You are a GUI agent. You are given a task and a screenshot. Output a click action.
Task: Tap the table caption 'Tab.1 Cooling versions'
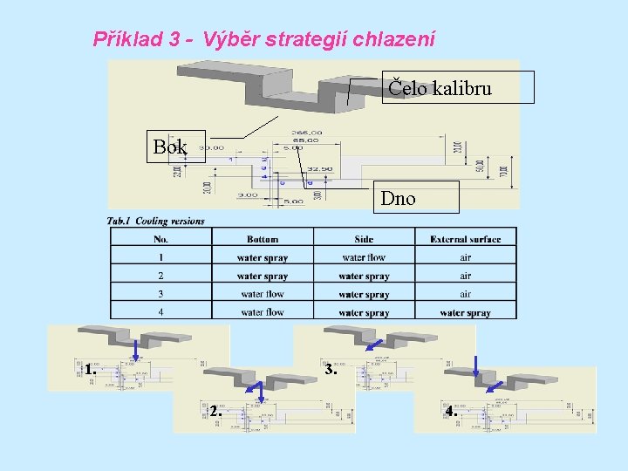point(155,221)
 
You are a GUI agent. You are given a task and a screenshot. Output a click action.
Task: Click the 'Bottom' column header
point(262,239)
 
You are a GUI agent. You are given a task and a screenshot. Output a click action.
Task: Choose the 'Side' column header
point(364,239)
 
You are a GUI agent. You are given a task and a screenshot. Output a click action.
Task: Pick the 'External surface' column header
point(465,239)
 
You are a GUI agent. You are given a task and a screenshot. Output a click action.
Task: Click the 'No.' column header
point(160,239)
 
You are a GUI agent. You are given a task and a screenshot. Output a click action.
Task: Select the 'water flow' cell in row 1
point(364,257)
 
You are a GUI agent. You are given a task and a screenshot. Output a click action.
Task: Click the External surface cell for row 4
point(465,312)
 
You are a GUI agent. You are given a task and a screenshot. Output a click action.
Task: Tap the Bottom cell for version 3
point(262,294)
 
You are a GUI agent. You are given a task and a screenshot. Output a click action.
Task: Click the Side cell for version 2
point(364,276)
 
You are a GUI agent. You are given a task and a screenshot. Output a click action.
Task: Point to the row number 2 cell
point(160,276)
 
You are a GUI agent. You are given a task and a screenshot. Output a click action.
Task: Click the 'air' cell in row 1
point(465,257)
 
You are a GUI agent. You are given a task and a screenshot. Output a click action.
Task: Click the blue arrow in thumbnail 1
point(137,350)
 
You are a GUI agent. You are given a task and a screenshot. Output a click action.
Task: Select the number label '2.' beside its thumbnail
point(215,411)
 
